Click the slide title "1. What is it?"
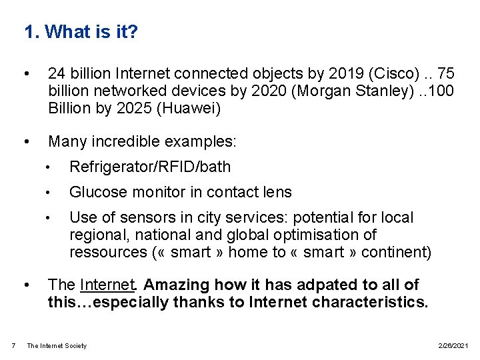pos(81,31)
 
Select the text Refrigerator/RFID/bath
pos(150,167)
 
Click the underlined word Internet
pos(107,285)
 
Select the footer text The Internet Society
pos(57,345)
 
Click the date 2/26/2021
pos(454,345)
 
